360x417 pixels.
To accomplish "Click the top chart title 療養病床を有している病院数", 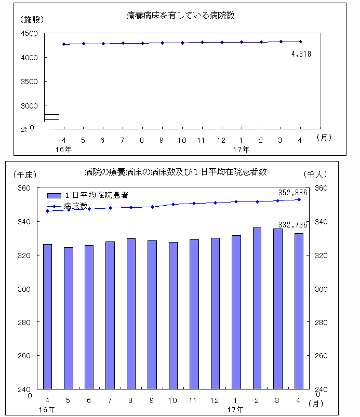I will coord(180,16).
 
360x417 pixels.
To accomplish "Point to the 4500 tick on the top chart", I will coord(30,34).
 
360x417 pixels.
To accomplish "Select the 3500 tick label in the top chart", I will coord(30,82).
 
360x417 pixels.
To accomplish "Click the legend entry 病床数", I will coord(76,206).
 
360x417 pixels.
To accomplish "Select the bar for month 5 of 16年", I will coord(68,318).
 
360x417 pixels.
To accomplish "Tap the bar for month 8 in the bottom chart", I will coord(131,314).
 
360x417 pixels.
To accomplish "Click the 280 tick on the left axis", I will coord(24,322).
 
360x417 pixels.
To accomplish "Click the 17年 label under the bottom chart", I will coord(241,410).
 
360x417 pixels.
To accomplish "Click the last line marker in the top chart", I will coord(301,42).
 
